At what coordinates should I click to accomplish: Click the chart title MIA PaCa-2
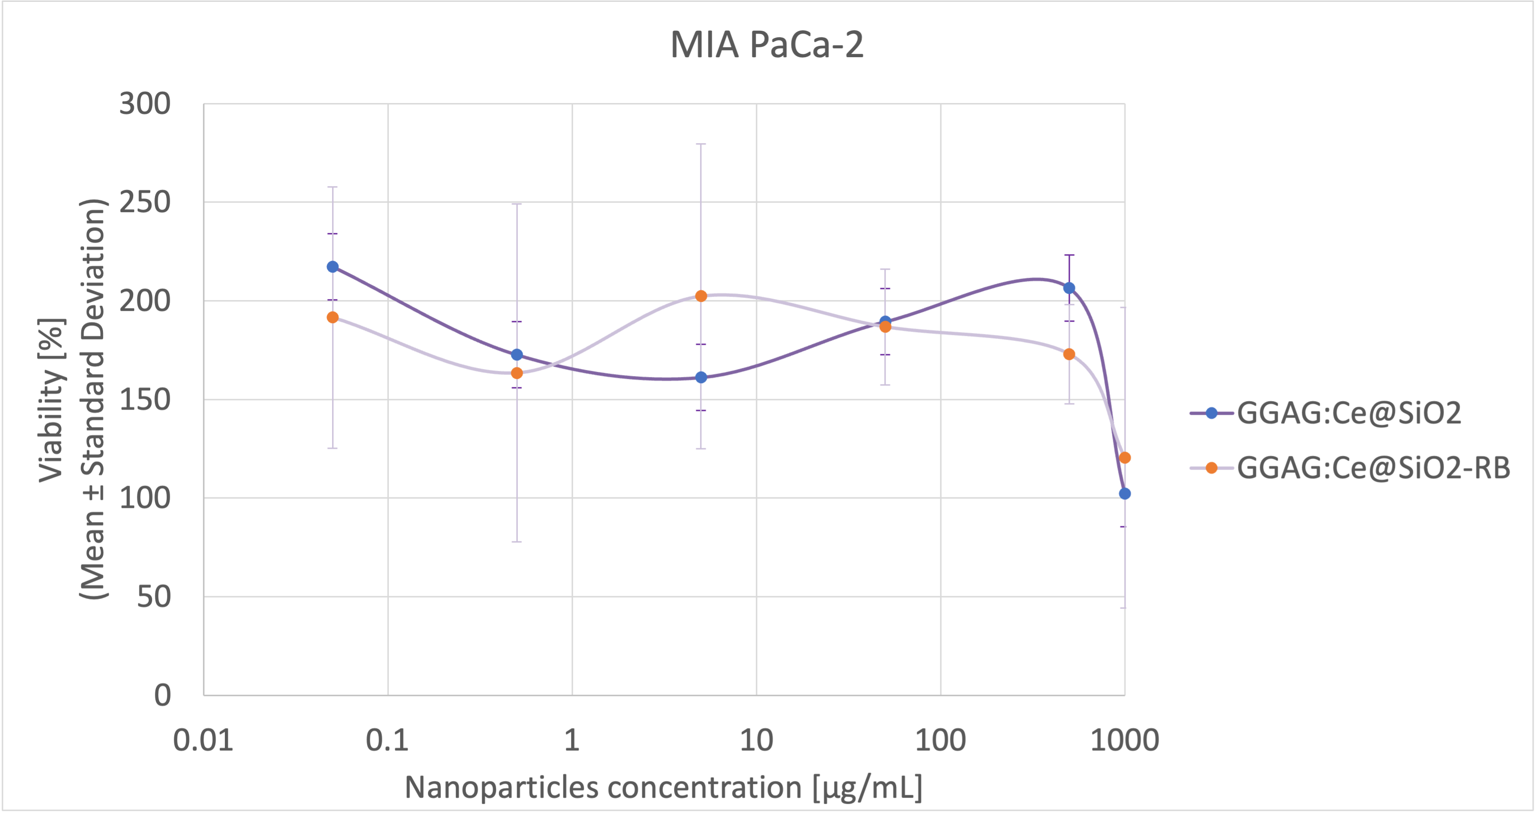(x=767, y=45)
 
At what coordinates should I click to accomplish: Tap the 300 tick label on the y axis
(x=145, y=104)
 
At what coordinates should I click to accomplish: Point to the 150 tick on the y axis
(x=145, y=399)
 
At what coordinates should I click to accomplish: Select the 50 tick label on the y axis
(x=154, y=596)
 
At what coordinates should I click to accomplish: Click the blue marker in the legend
(x=1211, y=413)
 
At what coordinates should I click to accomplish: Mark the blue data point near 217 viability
(x=333, y=267)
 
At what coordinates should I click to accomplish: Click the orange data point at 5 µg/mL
(x=701, y=296)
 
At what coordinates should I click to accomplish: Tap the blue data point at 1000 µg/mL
(x=1125, y=494)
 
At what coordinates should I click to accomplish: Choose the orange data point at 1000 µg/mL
(x=1125, y=458)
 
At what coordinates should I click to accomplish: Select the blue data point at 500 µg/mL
(x=1069, y=288)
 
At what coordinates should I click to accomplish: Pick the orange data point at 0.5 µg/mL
(x=517, y=373)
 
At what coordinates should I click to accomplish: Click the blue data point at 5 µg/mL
(x=701, y=377)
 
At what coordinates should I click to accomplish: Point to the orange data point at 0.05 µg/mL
(x=333, y=317)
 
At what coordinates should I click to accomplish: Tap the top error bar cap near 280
(x=701, y=144)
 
